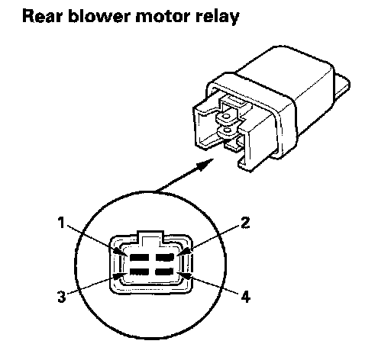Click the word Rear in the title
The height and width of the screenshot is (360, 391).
click(x=42, y=16)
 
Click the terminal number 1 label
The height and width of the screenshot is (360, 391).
click(x=61, y=223)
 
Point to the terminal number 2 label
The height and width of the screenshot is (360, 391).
click(x=245, y=223)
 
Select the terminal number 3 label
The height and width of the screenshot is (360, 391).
click(x=61, y=296)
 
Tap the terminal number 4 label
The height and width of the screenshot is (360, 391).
click(x=245, y=297)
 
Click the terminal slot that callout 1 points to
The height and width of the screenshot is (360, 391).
click(x=139, y=257)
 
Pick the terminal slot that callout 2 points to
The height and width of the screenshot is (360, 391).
click(x=165, y=257)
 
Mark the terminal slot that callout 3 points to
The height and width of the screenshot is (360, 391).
click(x=139, y=272)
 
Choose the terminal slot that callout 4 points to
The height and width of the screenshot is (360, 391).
click(x=164, y=272)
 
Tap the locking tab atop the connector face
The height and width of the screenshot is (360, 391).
click(x=150, y=238)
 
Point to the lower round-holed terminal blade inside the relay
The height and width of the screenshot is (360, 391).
click(x=228, y=133)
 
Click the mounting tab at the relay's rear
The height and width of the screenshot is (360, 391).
click(x=342, y=85)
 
